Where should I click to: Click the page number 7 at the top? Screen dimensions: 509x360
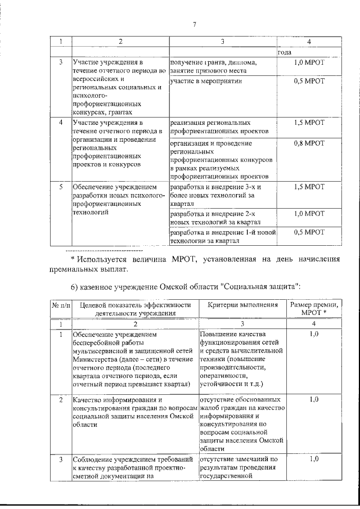pos(194,24)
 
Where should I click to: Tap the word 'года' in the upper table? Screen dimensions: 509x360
pos(284,52)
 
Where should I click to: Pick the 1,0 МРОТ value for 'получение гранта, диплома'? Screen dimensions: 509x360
pos(309,62)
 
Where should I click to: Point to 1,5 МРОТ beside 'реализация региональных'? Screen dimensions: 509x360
pos(309,121)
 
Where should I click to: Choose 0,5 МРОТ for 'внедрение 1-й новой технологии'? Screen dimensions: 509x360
pos(309,232)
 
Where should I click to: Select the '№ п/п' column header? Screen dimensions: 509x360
pos(61,305)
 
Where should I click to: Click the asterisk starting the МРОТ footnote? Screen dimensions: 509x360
pos(73,259)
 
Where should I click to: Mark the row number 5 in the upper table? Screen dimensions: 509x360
pos(61,186)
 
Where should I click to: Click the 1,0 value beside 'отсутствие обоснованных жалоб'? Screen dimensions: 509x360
pos(314,399)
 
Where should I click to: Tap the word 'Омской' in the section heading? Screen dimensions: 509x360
pos(192,287)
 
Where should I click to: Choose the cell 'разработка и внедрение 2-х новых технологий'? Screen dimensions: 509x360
pos(222,218)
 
